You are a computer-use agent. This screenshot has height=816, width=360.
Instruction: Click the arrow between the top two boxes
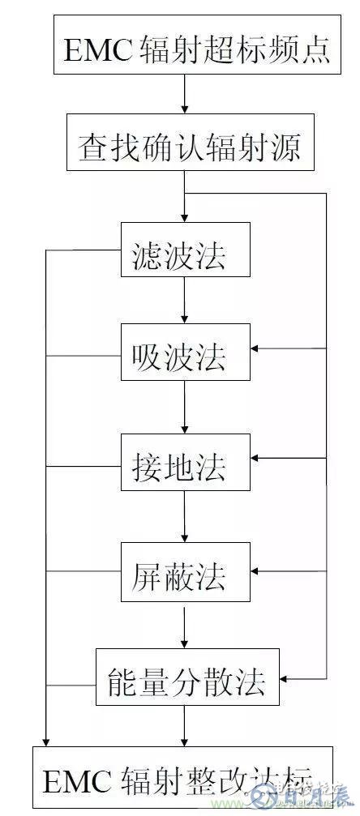click(185, 96)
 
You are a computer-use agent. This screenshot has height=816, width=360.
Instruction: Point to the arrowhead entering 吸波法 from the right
click(255, 348)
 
